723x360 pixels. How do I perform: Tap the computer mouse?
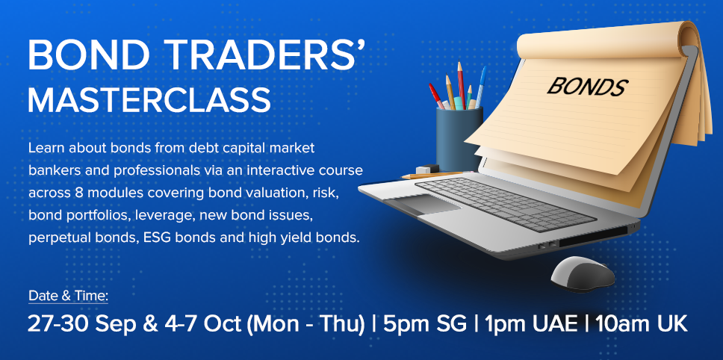(583, 274)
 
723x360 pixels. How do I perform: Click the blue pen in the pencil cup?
(480, 86)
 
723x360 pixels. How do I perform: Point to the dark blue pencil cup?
(459, 138)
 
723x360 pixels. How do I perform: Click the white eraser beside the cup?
(427, 169)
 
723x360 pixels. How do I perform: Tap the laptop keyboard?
(506, 204)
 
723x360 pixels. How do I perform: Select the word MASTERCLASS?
(149, 99)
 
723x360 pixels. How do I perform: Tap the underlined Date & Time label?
(68, 296)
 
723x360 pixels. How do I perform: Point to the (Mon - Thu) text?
(305, 324)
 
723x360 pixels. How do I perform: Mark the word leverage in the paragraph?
(156, 216)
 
